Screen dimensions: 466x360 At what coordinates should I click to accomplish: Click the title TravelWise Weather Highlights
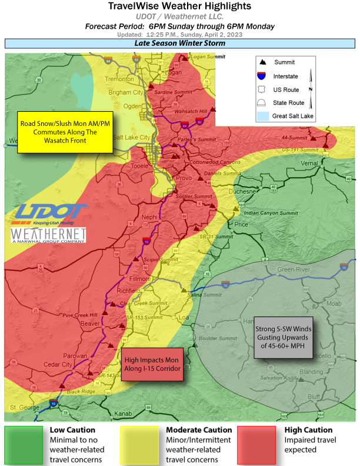179,6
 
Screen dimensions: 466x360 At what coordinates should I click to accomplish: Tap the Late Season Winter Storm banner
179,44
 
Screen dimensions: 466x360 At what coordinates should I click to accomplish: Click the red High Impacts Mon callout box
151,364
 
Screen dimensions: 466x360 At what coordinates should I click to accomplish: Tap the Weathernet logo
49,235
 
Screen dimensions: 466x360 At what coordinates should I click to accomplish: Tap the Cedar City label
59,365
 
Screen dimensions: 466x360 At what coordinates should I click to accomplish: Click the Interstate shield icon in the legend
262,76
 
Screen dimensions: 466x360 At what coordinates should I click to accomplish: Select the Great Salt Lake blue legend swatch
262,116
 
